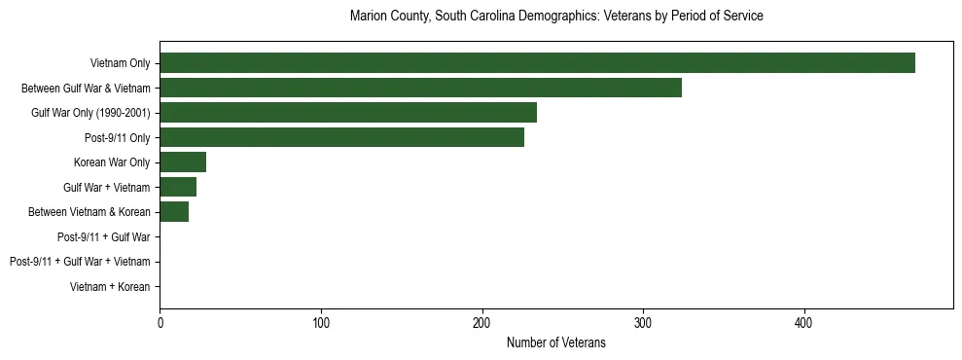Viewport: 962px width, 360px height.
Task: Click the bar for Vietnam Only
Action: (x=537, y=63)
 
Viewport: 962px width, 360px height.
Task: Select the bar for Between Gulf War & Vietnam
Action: (x=420, y=89)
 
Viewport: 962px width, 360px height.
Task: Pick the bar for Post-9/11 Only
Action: (x=341, y=137)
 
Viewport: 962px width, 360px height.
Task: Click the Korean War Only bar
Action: (x=183, y=162)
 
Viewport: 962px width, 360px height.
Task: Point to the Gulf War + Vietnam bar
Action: (x=178, y=187)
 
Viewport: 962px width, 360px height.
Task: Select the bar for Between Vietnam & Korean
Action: (x=174, y=212)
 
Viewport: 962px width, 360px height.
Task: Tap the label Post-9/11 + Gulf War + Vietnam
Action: (x=80, y=262)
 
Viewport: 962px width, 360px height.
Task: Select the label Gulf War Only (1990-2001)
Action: (x=90, y=114)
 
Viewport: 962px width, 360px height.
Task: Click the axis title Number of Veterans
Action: (x=555, y=342)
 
